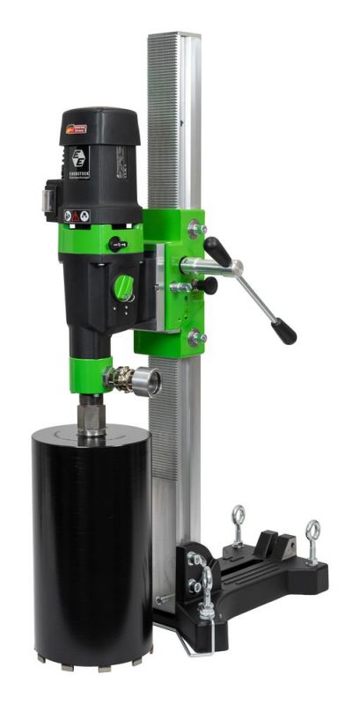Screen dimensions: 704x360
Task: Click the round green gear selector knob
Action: (125, 286)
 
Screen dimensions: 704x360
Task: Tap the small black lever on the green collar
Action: (116, 244)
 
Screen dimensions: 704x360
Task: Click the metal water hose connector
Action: (132, 380)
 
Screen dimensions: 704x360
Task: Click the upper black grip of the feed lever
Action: (217, 252)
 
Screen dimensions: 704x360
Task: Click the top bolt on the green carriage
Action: (195, 229)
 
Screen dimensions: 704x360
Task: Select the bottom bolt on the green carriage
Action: (195, 336)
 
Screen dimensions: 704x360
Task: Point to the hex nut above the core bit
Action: (89, 414)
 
